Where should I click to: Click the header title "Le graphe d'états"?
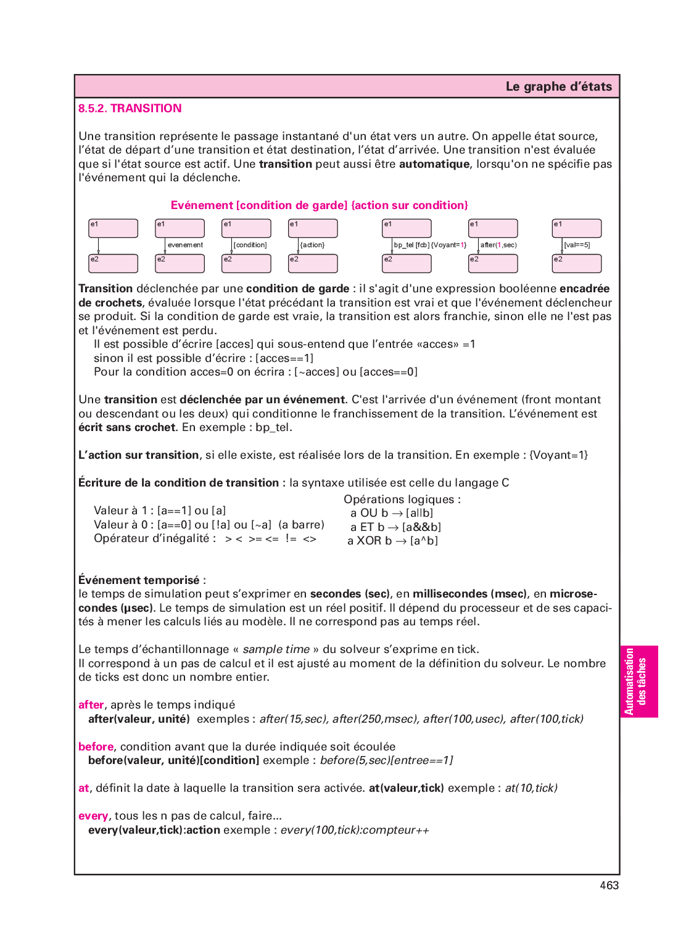pyautogui.click(x=558, y=86)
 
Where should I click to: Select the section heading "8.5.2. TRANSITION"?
pyautogui.click(x=130, y=109)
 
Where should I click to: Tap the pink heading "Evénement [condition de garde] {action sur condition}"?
pyautogui.click(x=319, y=205)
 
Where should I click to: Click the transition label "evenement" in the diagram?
pyautogui.click(x=185, y=245)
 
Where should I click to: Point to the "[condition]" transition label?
pyautogui.click(x=250, y=245)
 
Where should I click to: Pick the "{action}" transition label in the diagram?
pyautogui.click(x=312, y=245)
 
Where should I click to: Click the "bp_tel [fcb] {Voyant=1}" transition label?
pyautogui.click(x=430, y=245)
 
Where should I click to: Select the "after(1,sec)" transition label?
pyautogui.click(x=498, y=245)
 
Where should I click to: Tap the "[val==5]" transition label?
pyautogui.click(x=577, y=245)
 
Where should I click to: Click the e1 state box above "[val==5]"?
pyautogui.click(x=576, y=228)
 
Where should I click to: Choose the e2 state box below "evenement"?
pyautogui.click(x=180, y=263)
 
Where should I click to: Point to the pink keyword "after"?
pyautogui.click(x=91, y=705)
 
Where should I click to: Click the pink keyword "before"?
pyautogui.click(x=96, y=747)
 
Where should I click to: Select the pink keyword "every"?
pyautogui.click(x=93, y=816)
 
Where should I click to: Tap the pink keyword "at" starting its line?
pyautogui.click(x=84, y=788)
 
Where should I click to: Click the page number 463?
pyautogui.click(x=609, y=885)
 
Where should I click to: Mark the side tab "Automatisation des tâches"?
pyautogui.click(x=638, y=681)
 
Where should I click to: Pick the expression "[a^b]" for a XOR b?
pyautogui.click(x=424, y=541)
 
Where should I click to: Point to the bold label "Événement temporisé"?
pyautogui.click(x=139, y=580)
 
